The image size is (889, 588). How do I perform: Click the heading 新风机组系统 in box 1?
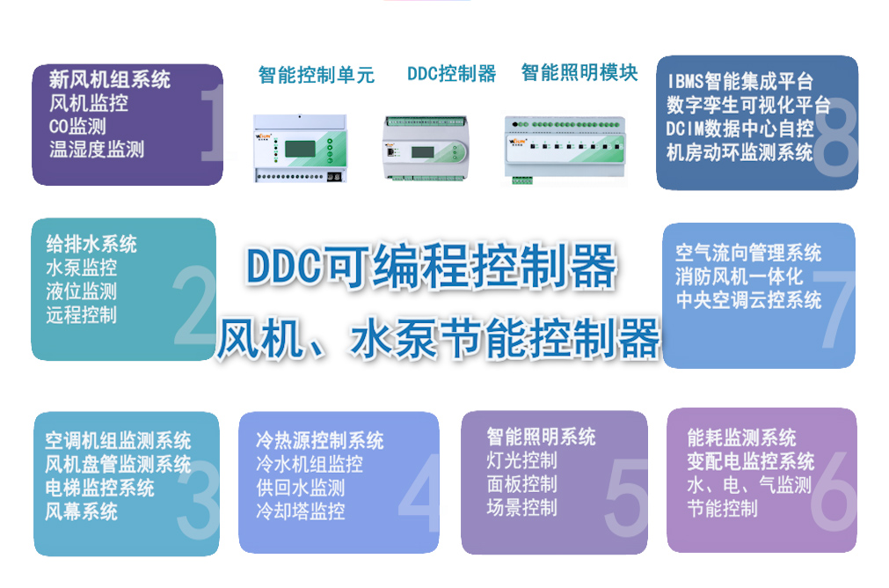[110, 79]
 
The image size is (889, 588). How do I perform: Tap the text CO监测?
[77, 126]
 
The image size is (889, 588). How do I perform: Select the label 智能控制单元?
[316, 75]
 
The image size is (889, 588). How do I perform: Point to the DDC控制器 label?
[451, 74]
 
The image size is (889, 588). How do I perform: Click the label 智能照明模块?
[579, 72]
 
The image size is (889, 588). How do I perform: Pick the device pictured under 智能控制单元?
[299, 148]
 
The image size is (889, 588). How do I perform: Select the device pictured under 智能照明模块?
[565, 148]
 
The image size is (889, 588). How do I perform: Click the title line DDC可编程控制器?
[430, 266]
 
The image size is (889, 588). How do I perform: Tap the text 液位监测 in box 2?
[81, 291]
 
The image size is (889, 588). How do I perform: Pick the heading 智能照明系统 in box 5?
[541, 437]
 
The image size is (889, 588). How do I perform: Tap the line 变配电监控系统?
[750, 461]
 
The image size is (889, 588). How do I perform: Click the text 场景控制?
[521, 507]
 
